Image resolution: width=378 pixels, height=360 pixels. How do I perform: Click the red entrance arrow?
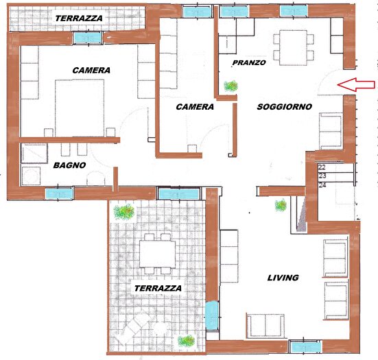(x=357, y=85)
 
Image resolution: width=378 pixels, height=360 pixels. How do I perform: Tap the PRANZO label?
(x=248, y=62)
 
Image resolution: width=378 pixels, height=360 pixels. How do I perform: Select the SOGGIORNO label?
(x=285, y=107)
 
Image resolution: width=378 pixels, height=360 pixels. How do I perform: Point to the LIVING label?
(x=283, y=278)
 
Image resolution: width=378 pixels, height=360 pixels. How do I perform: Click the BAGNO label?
(x=69, y=165)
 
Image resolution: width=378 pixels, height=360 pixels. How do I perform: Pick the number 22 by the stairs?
(x=322, y=167)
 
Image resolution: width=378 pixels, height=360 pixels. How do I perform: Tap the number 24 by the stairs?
(x=322, y=184)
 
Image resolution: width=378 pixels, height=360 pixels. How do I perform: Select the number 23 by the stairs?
(x=322, y=176)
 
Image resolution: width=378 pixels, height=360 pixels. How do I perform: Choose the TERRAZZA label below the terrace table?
(x=158, y=289)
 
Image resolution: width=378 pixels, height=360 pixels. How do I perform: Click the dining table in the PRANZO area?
(x=294, y=46)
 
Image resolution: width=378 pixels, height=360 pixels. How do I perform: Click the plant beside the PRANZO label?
(x=231, y=86)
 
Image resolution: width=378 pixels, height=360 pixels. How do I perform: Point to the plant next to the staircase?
(x=280, y=204)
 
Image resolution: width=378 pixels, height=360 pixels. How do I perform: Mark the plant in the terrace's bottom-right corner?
(x=186, y=339)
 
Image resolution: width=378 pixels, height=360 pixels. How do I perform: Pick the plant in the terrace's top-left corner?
(x=125, y=212)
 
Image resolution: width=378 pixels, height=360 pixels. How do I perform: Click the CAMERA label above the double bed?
(x=91, y=70)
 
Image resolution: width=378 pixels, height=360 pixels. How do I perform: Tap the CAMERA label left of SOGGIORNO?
(x=195, y=107)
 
